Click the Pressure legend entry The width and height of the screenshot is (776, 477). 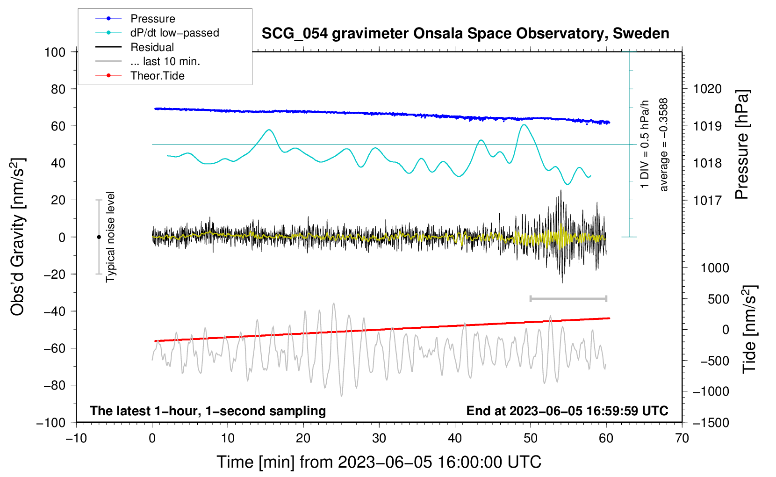click(x=136, y=18)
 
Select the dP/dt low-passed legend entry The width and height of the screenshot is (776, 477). click(x=157, y=33)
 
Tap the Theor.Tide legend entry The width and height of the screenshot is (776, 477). click(x=140, y=76)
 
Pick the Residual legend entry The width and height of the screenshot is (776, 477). click(x=135, y=47)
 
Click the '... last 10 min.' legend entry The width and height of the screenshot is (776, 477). click(x=148, y=61)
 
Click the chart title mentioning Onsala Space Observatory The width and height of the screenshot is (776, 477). click(x=465, y=34)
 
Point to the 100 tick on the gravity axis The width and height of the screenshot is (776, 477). click(x=55, y=52)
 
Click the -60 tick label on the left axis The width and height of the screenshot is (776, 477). click(x=54, y=348)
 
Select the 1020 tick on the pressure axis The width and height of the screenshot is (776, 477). click(x=707, y=89)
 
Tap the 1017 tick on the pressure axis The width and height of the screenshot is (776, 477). click(x=707, y=200)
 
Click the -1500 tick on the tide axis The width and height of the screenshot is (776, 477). click(x=711, y=423)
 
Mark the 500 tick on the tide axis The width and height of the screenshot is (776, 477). click(x=718, y=299)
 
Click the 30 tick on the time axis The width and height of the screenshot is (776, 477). click(x=379, y=438)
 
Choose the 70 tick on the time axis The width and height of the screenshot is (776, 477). click(x=682, y=438)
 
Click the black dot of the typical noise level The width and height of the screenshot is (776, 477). click(x=99, y=237)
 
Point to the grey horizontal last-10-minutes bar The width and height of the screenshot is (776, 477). click(x=568, y=299)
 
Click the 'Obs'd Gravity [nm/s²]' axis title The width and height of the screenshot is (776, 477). click(x=17, y=237)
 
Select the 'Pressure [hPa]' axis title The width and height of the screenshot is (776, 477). click(x=742, y=145)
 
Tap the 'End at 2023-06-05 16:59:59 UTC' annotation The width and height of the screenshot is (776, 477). click(x=567, y=411)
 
